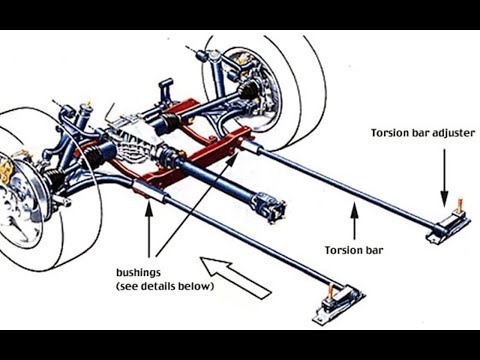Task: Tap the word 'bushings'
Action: (x=140, y=271)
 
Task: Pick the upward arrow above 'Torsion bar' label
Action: (x=352, y=219)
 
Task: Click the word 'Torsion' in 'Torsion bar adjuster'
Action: (x=389, y=132)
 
